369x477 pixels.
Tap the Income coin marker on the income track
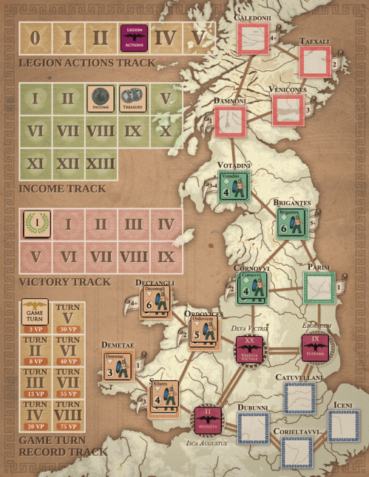coord(100,99)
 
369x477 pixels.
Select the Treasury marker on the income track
coord(133,99)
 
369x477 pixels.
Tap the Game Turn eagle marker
coord(34,313)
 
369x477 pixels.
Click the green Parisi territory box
coord(319,287)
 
